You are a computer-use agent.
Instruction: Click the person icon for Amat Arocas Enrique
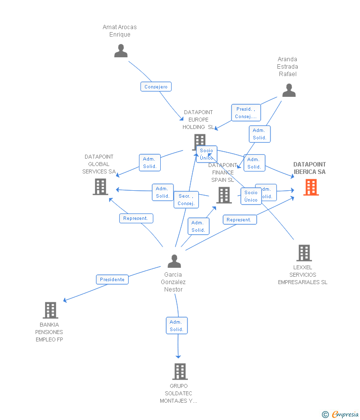coord(121,50)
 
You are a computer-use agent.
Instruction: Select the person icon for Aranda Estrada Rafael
coord(289,90)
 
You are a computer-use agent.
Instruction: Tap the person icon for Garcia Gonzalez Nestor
coord(174,261)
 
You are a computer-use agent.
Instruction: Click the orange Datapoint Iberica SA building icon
coord(311,187)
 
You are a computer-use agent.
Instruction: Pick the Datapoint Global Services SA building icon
coord(100,187)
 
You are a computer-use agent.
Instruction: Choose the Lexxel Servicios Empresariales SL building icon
coord(304,253)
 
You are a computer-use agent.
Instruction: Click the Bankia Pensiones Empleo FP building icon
coord(50,310)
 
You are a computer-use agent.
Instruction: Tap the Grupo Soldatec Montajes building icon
coord(180,372)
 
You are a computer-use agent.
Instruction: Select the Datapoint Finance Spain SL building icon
coord(224,195)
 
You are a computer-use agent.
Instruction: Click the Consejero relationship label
coord(156,87)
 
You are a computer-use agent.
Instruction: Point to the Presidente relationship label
coord(112,280)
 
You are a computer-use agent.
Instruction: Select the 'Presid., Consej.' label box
coord(246,113)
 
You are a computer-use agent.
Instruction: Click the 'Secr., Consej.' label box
coord(186,200)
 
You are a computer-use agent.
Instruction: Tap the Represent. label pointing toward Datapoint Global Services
coord(136,218)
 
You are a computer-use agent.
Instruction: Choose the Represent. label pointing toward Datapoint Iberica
coord(239,220)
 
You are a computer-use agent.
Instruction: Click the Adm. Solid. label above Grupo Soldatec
coord(177,326)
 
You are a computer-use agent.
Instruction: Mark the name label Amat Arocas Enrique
coord(120,31)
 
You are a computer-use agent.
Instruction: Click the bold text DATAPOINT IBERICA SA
coord(310,168)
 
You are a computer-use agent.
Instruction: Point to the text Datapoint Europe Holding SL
coord(198,120)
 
